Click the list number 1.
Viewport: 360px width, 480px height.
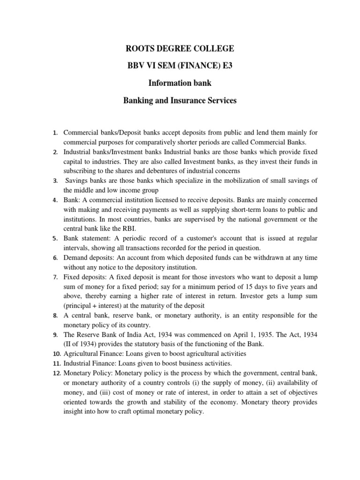[55, 133]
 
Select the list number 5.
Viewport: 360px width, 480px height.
[55, 239]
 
